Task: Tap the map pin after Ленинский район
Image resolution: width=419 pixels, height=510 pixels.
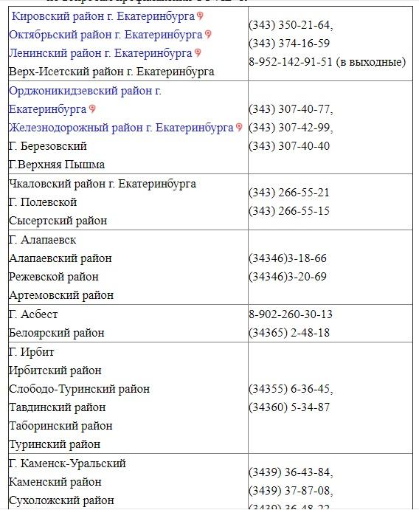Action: pyautogui.click(x=198, y=53)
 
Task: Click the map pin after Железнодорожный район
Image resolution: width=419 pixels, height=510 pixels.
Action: pyautogui.click(x=239, y=128)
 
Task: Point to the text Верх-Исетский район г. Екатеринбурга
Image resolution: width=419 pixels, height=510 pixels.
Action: pyautogui.click(x=111, y=72)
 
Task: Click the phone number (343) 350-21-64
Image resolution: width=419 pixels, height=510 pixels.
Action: pyautogui.click(x=291, y=25)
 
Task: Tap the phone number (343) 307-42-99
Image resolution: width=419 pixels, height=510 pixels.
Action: pyautogui.click(x=291, y=128)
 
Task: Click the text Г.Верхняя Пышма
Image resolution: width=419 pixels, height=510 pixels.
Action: pyautogui.click(x=57, y=165)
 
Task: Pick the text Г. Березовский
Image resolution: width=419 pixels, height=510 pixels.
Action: pyautogui.click(x=48, y=146)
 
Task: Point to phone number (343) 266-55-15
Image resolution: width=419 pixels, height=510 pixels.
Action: pyautogui.click(x=289, y=211)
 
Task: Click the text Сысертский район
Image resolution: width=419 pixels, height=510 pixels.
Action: pyautogui.click(x=58, y=221)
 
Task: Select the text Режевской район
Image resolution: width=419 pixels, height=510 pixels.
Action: pyautogui.click(x=54, y=277)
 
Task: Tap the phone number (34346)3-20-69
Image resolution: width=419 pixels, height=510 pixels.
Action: pyautogui.click(x=288, y=277)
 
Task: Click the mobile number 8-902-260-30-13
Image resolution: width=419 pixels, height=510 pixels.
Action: pyautogui.click(x=291, y=314)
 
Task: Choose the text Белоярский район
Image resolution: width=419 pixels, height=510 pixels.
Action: pyautogui.click(x=57, y=333)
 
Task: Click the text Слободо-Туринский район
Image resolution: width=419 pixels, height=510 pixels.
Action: pyautogui.click(x=80, y=389)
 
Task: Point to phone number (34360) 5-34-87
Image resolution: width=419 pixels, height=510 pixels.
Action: pyautogui.click(x=289, y=407)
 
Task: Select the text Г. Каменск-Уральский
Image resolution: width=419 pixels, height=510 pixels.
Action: pyautogui.click(x=67, y=464)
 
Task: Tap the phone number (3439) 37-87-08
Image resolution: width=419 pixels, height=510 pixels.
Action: pyautogui.click(x=291, y=491)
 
